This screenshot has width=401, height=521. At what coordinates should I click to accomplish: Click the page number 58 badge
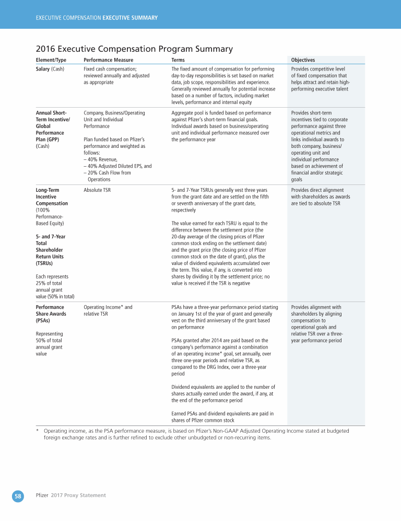click(18, 496)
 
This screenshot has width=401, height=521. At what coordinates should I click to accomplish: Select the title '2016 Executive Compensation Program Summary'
click(134, 49)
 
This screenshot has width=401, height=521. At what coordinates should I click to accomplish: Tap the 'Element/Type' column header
click(51, 60)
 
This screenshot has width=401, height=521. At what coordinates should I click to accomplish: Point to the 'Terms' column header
click(178, 60)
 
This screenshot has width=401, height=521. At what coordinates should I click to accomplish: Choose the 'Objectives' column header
click(303, 60)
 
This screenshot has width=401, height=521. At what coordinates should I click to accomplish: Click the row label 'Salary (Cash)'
click(50, 68)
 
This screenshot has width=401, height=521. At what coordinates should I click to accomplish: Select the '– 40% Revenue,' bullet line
click(101, 159)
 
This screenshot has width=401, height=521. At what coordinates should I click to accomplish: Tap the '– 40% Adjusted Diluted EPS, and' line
click(117, 166)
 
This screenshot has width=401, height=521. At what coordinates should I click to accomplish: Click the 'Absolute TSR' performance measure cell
click(97, 190)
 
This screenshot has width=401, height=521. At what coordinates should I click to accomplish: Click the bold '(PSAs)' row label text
click(43, 320)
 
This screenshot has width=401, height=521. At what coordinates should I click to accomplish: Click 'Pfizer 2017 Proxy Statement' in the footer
click(70, 495)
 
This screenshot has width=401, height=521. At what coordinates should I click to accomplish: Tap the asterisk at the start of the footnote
click(38, 432)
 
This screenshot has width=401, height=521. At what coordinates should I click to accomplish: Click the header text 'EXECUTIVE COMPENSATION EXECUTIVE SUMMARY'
click(97, 18)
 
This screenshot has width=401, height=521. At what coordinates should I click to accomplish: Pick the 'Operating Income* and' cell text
click(108, 307)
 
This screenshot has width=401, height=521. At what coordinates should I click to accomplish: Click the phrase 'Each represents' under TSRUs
click(52, 276)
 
